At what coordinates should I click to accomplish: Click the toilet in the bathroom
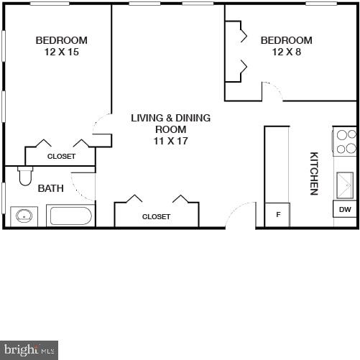[25, 176]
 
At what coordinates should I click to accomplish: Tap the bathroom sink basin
[26, 216]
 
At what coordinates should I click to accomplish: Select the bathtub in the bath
[70, 216]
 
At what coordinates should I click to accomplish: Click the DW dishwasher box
[346, 209]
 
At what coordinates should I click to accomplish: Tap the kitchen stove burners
[346, 142]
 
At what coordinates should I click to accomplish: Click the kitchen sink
[346, 185]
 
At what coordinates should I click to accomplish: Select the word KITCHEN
[314, 173]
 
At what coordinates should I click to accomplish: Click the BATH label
[50, 189]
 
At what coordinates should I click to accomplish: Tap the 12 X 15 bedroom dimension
[61, 52]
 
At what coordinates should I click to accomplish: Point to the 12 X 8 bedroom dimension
[286, 52]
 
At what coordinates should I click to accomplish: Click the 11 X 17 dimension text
[170, 142]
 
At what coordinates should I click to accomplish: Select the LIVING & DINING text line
[170, 118]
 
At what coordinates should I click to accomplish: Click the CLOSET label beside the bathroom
[61, 156]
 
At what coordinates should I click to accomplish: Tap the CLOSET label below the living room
[156, 216]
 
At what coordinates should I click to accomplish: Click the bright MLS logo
[29, 350]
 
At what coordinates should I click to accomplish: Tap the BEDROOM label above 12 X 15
[61, 40]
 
